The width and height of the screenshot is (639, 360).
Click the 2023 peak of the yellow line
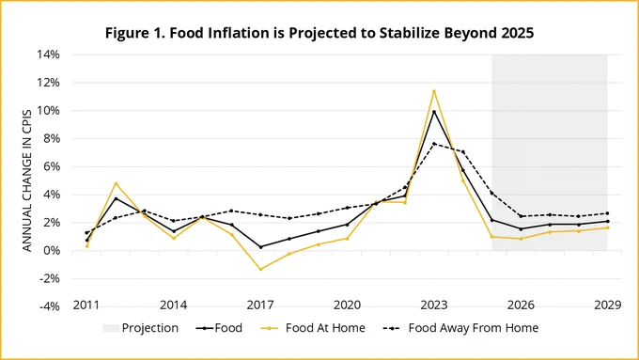pyautogui.click(x=434, y=91)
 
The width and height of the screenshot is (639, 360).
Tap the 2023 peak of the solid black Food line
pyautogui.click(x=434, y=112)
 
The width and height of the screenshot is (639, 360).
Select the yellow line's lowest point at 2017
pyautogui.click(x=261, y=269)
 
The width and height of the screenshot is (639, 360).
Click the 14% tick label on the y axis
pyautogui.click(x=49, y=55)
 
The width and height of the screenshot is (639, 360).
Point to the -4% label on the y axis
pyautogui.click(x=50, y=306)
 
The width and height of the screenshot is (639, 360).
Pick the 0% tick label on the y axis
pyautogui.click(x=52, y=251)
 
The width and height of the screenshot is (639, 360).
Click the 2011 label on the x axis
pyautogui.click(x=86, y=305)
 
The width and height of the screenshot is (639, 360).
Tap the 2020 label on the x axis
pyautogui.click(x=347, y=305)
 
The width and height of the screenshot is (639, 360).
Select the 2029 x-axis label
pyautogui.click(x=608, y=305)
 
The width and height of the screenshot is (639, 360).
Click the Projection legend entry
pyautogui.click(x=141, y=328)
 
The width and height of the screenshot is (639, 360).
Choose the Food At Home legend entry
pyautogui.click(x=312, y=328)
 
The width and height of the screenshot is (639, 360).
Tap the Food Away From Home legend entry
pyautogui.click(x=460, y=328)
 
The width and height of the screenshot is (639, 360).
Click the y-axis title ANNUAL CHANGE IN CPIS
pyautogui.click(x=27, y=180)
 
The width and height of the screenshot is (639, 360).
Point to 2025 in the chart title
pyautogui.click(x=517, y=33)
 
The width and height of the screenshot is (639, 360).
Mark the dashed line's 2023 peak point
pyautogui.click(x=434, y=144)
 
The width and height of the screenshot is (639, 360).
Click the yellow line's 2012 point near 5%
pyautogui.click(x=117, y=183)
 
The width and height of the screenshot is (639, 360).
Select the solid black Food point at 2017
pyautogui.click(x=261, y=247)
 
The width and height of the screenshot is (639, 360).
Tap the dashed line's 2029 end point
pyautogui.click(x=608, y=213)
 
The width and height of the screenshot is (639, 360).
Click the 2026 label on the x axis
pyautogui.click(x=521, y=305)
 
